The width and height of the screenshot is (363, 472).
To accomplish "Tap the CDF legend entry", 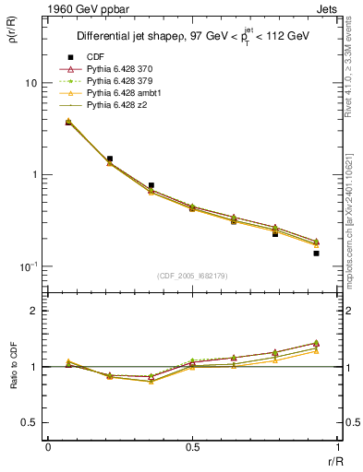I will pos(96,56).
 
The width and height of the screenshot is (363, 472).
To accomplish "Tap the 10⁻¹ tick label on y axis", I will pos(29,265).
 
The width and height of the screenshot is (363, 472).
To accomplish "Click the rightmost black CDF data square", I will pos(316,253).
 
